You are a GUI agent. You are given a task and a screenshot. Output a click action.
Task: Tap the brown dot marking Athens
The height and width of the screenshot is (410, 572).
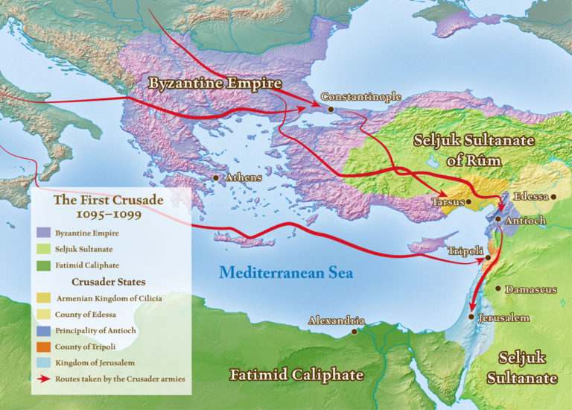[x=216, y=178]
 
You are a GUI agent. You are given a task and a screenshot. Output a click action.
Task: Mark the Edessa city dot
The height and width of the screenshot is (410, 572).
[x=554, y=197]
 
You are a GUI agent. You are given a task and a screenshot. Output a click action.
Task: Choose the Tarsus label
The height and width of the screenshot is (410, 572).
[x=448, y=202]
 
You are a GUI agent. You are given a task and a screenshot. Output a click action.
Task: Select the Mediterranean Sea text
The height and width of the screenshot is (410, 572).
[x=286, y=273]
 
